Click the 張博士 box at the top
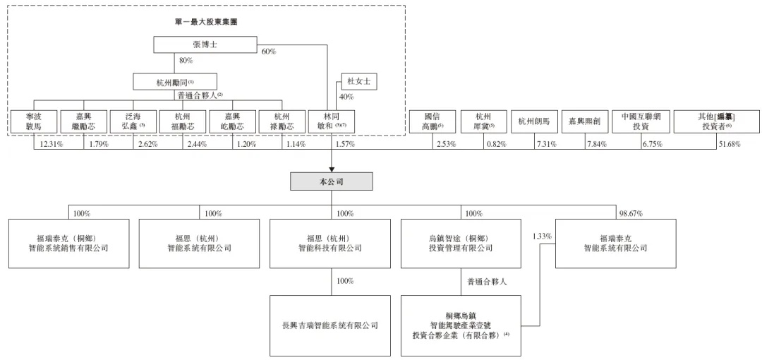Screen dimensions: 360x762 click(x=205, y=44)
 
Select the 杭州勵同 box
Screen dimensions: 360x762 click(x=176, y=82)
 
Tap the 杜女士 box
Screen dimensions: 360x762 click(x=359, y=82)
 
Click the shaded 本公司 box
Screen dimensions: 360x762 click(x=332, y=181)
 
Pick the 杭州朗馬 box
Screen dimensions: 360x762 click(x=534, y=121)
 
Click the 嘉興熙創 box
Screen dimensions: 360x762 click(x=585, y=121)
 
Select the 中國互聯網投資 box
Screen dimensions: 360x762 click(x=641, y=121)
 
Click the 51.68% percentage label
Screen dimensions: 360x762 click(x=727, y=144)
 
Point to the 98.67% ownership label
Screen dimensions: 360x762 click(x=630, y=212)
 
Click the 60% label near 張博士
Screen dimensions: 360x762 click(x=268, y=52)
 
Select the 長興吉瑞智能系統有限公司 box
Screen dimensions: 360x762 click(x=330, y=325)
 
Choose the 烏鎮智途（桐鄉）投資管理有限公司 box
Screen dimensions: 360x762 click(x=461, y=244)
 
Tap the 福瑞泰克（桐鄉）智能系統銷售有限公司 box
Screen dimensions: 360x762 click(x=69, y=244)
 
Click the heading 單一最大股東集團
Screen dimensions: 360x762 click(x=206, y=22)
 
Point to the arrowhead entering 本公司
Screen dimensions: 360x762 click(x=332, y=169)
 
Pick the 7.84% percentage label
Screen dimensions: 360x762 click(x=597, y=144)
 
